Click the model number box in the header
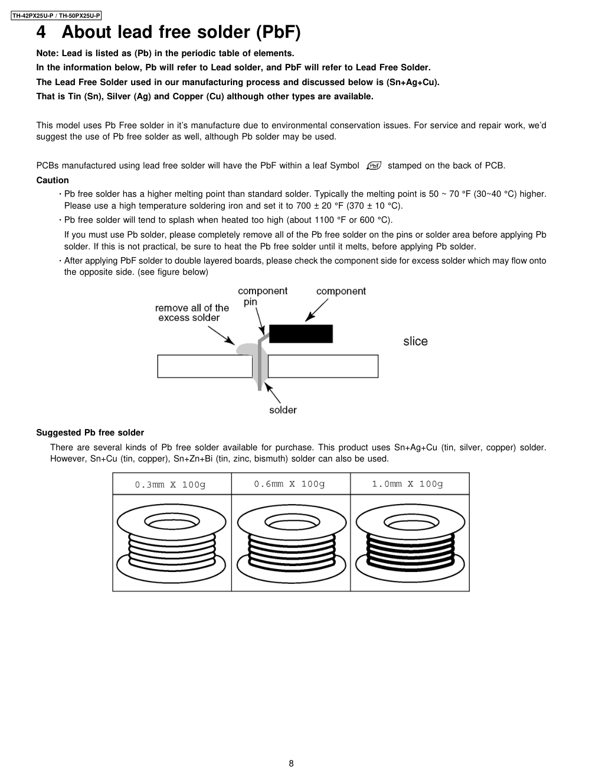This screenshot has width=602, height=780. (57, 15)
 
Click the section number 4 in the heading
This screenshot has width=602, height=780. (41, 32)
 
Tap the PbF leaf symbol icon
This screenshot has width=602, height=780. (374, 166)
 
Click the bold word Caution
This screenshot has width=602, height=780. (53, 180)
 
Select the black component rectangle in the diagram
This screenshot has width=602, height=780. (301, 334)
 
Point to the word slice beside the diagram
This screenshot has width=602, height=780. (415, 342)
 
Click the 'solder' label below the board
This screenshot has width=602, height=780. (283, 410)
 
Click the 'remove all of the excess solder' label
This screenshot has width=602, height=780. (191, 313)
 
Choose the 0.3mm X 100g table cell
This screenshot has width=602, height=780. (171, 485)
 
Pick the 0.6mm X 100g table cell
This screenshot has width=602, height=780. (290, 484)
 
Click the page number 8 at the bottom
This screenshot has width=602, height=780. (292, 763)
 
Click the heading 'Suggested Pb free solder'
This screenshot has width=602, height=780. (90, 433)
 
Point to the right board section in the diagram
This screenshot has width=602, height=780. (323, 366)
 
